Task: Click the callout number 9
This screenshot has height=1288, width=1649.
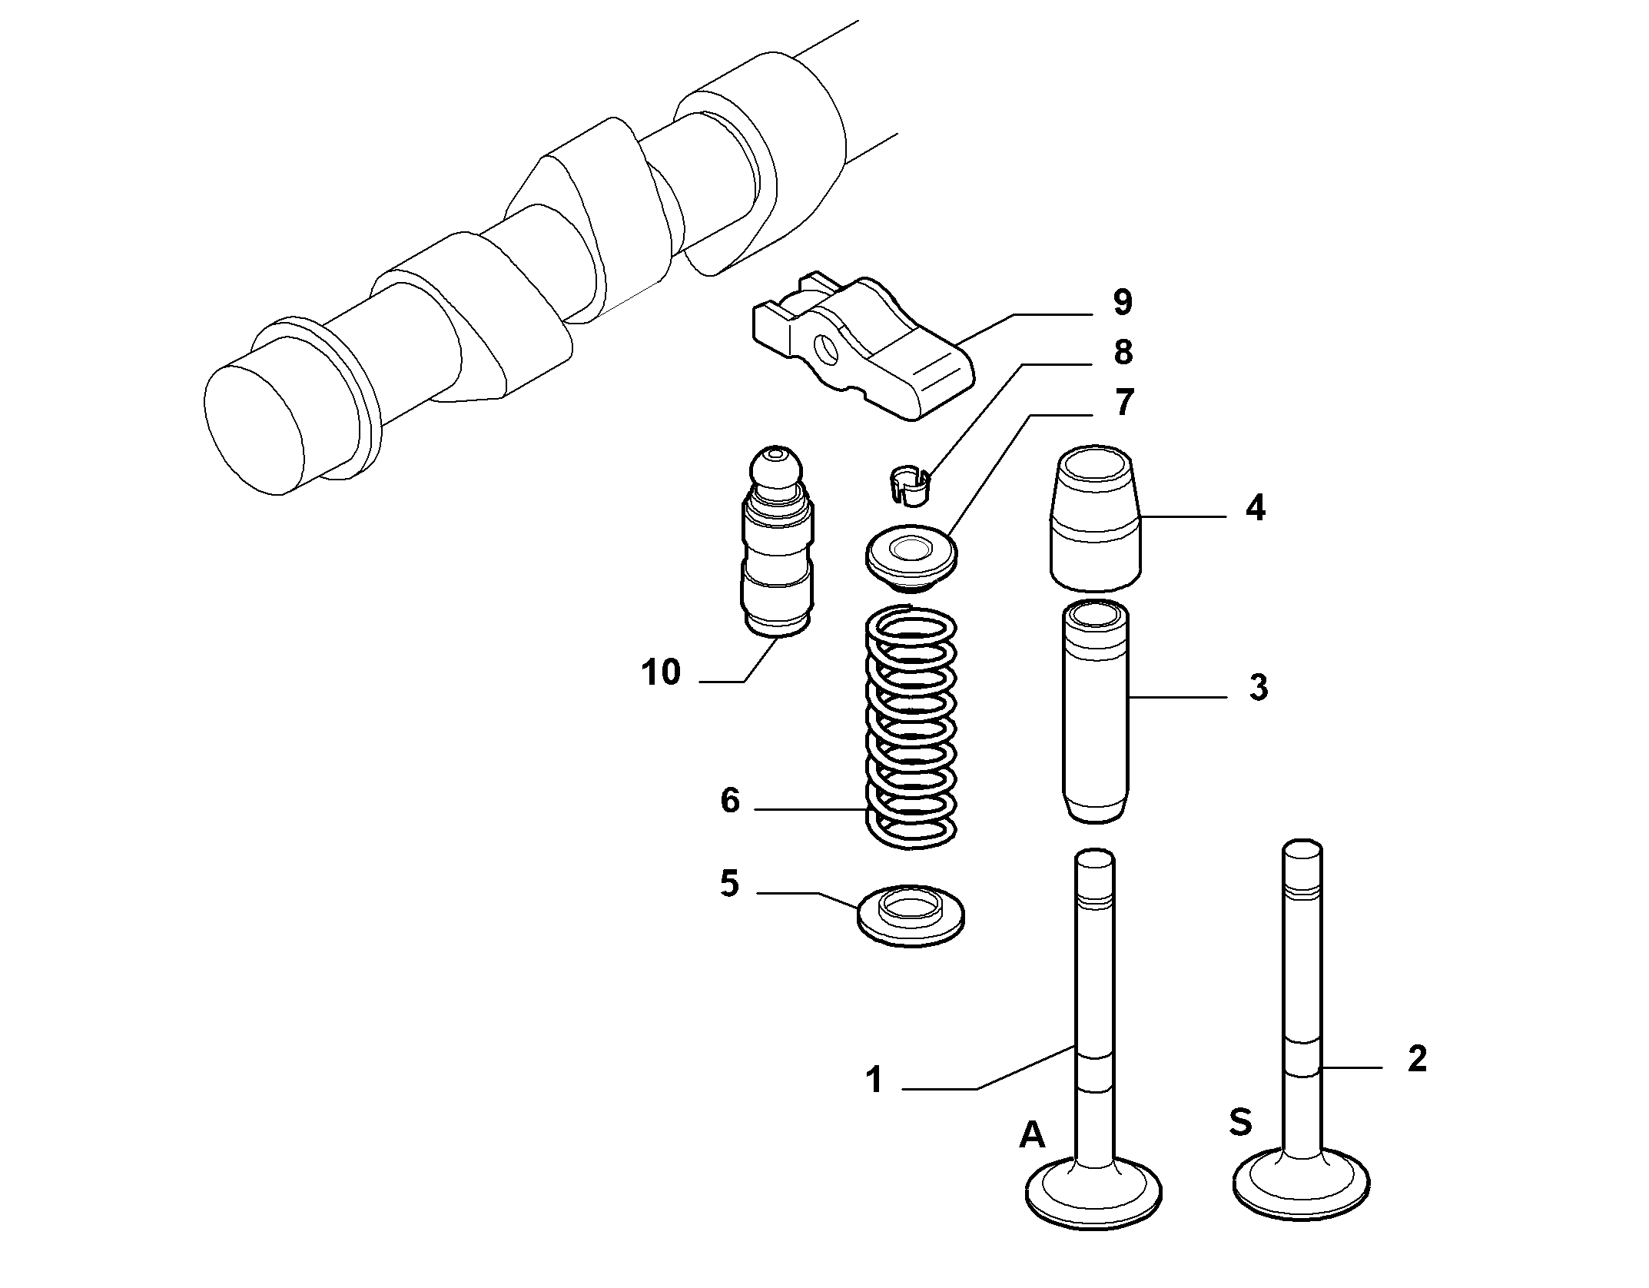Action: point(1122,302)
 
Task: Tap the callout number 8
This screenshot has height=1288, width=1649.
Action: point(1123,352)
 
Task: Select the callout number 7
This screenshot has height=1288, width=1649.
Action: point(1123,403)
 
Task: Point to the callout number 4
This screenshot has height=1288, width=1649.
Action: point(1255,509)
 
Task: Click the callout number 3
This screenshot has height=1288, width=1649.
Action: point(1258,688)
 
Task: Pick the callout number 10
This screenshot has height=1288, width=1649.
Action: point(661,672)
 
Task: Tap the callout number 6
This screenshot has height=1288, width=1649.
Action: point(729,801)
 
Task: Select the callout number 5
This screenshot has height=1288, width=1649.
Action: point(729,884)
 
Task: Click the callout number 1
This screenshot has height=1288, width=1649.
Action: point(874,1080)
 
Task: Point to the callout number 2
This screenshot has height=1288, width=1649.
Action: point(1416,1059)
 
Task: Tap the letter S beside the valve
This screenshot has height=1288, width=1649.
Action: point(1240,1122)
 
